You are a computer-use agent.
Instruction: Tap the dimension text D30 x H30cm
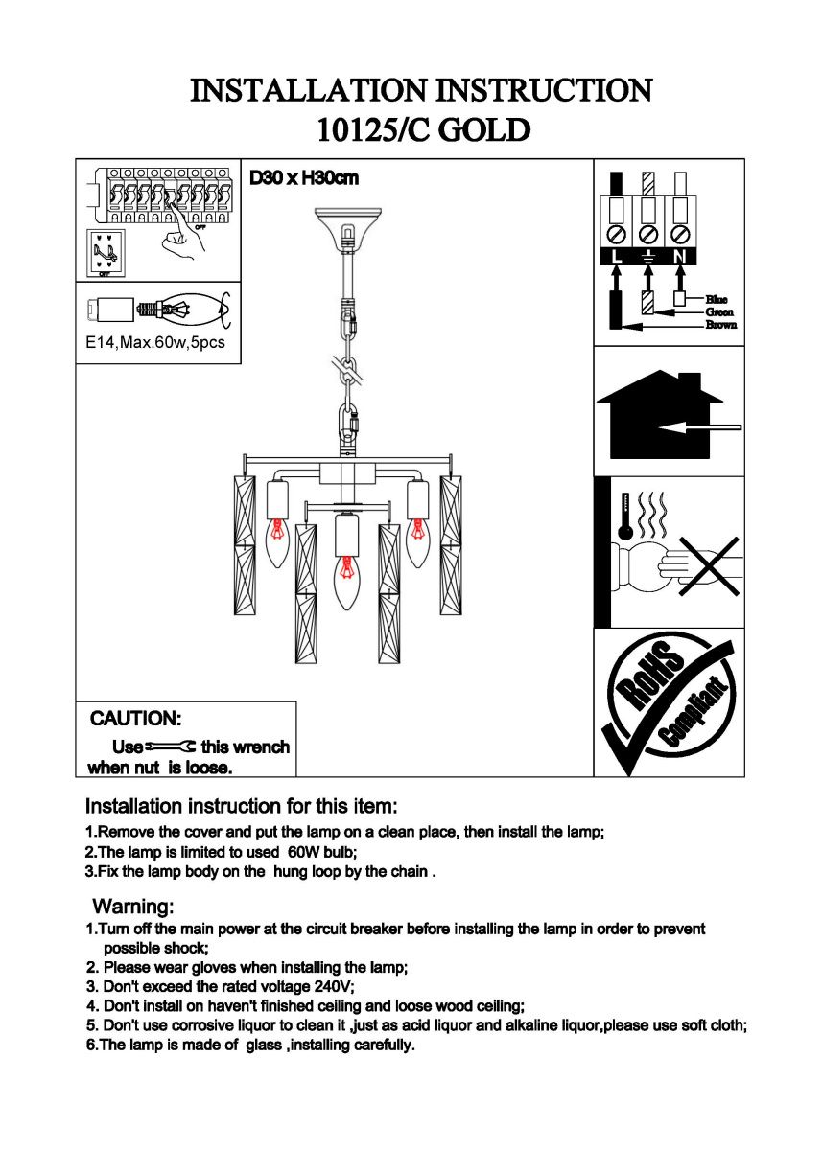coord(304,178)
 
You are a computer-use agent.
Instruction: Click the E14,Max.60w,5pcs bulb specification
coord(155,342)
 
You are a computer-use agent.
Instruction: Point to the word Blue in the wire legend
coord(717,300)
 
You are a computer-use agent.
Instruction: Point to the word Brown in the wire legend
coord(721,325)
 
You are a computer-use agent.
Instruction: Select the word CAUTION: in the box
coord(135,719)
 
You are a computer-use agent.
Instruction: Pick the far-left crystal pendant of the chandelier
coord(244,544)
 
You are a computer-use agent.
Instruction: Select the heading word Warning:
coord(133,906)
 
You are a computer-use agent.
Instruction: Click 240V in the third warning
coord(334,986)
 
